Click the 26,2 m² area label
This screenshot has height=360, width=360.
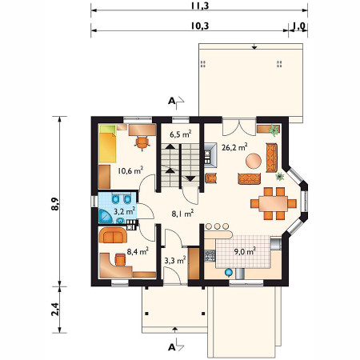tap(234, 147)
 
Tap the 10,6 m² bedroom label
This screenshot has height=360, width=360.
tap(130, 170)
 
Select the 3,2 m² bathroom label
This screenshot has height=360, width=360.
tap(125, 211)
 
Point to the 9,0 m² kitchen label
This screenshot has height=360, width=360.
tap(245, 251)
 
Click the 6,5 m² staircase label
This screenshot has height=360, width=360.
tap(181, 134)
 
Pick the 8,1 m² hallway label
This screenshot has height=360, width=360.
tap(182, 214)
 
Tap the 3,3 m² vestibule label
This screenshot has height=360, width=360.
tap(175, 260)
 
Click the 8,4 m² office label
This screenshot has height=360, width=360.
tap(138, 251)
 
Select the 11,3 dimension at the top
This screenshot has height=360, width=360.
tap(200, 6)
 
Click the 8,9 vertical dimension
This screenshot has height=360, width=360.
tap(55, 204)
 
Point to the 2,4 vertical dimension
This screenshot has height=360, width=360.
tap(55, 310)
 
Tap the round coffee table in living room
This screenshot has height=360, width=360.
tap(254, 161)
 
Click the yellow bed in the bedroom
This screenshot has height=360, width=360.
tap(108, 144)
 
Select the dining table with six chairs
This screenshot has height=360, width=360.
tap(274, 204)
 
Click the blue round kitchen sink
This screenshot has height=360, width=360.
tap(229, 272)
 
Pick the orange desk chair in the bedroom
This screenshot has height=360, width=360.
tap(142, 142)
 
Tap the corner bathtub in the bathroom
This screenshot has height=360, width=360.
tap(106, 216)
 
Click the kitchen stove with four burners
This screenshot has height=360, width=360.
tap(210, 255)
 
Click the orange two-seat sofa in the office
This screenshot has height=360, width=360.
tap(113, 235)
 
